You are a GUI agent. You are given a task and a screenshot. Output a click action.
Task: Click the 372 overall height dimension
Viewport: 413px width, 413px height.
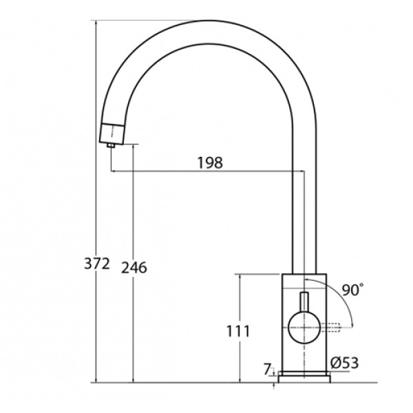coord(96,264)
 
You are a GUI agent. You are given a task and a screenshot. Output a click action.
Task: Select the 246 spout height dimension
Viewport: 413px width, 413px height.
coord(134,268)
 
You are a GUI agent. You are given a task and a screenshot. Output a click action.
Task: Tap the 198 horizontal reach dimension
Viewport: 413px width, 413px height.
coord(210,162)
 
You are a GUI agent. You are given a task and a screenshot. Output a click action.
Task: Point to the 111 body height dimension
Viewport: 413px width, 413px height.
coord(238,331)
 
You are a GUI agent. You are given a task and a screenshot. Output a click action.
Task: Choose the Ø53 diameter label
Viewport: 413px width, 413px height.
coord(345,363)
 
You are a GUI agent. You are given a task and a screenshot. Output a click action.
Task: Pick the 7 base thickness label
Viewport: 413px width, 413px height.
coord(267,369)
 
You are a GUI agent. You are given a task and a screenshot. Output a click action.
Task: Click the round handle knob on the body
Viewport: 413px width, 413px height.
coord(304,328)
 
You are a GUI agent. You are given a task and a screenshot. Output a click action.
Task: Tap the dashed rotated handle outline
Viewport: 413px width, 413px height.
coord(331,328)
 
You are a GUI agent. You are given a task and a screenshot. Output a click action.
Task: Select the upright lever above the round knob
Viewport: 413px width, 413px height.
coord(304,301)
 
